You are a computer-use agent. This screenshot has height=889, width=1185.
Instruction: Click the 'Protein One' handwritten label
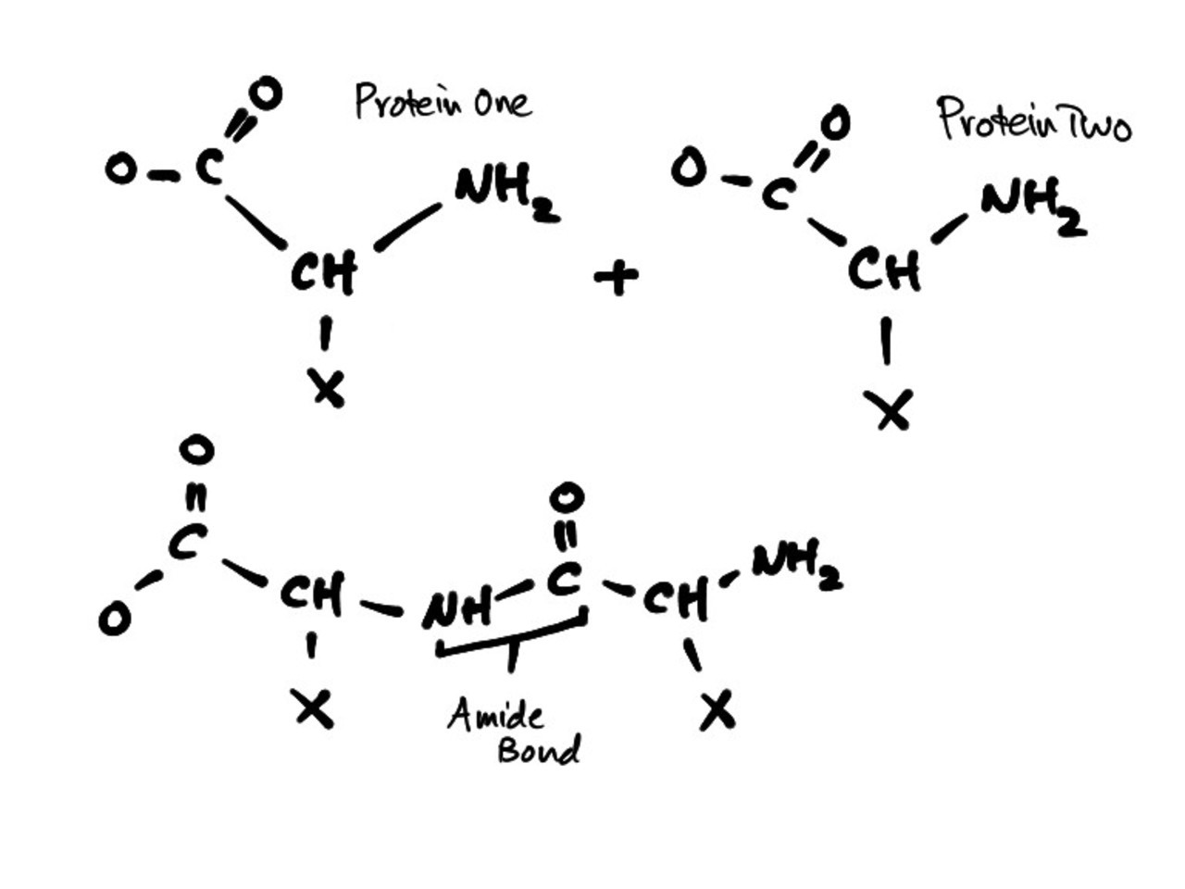[x=443, y=101]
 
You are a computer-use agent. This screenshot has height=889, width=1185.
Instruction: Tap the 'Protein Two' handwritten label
[x=1033, y=120]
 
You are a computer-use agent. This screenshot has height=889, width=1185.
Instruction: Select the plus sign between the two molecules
[x=617, y=276]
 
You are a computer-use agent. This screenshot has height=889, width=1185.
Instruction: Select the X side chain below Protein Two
[x=891, y=409]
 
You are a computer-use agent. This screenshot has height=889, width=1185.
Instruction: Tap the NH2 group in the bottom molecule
[x=796, y=567]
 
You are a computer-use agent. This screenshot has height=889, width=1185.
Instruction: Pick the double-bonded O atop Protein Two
[x=834, y=123]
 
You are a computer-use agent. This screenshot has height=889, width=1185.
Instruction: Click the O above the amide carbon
[x=566, y=497]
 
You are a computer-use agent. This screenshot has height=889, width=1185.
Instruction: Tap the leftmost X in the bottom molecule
[x=313, y=708]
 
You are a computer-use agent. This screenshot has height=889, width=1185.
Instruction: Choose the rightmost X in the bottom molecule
[x=717, y=710]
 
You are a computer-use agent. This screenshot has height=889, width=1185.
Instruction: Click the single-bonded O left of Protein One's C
[x=120, y=169]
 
